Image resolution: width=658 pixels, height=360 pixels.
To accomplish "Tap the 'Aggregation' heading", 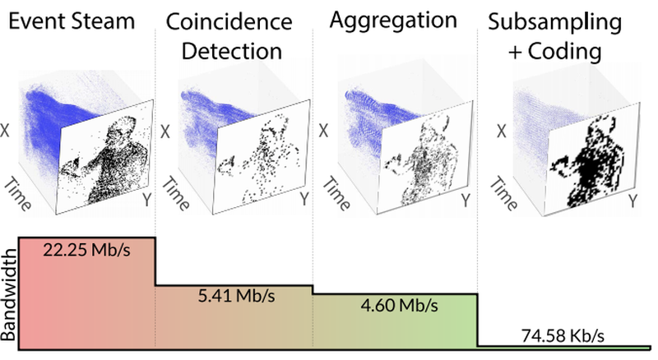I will point(396,22).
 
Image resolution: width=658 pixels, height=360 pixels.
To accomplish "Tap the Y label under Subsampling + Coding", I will point(632,200).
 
